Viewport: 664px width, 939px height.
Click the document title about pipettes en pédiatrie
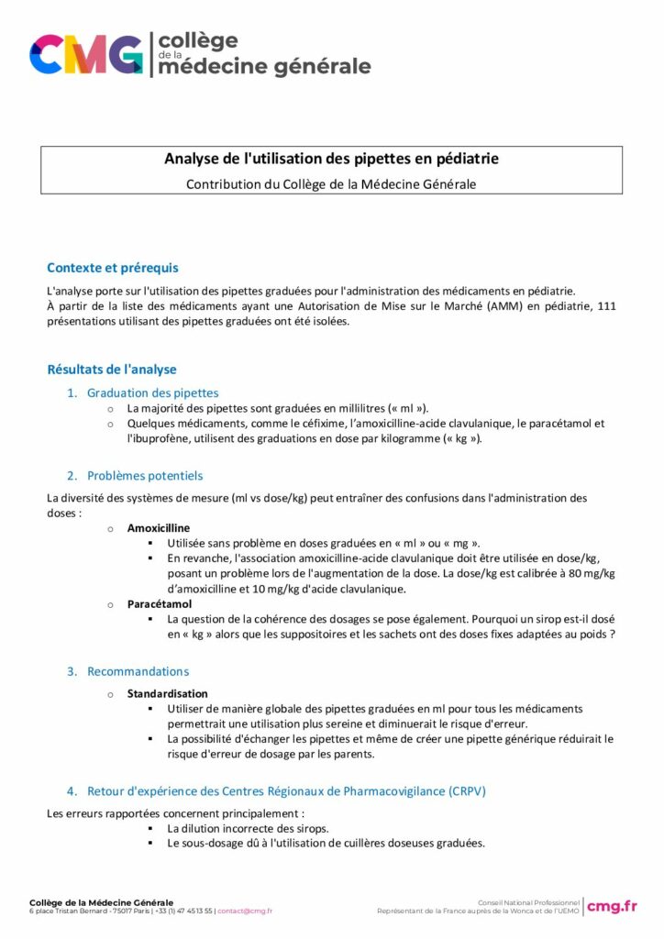pos(331,159)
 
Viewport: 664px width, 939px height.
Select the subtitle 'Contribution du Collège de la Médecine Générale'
pos(331,183)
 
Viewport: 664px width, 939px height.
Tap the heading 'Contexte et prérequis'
pos(112,268)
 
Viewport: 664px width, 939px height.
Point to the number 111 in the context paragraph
pos(605,305)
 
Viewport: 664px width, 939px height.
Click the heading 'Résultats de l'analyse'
pos(111,370)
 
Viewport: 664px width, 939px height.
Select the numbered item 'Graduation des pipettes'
pos(152,392)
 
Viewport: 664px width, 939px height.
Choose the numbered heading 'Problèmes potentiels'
pos(145,476)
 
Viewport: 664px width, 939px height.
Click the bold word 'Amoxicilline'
pos(159,528)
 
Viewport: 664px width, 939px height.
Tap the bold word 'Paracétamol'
pos(159,604)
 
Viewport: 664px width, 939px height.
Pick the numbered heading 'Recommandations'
pos(138,671)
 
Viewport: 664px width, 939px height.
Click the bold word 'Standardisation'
pos(167,693)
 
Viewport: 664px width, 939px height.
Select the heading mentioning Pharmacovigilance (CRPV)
pos(286,790)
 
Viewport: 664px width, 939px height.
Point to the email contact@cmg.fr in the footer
pos(245,911)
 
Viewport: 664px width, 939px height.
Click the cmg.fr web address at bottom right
pos(612,906)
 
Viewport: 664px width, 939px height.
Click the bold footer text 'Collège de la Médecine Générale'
pos(101,902)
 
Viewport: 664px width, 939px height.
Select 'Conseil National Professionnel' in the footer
pos(528,902)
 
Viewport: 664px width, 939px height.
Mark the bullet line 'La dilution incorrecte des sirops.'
pos(248,828)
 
